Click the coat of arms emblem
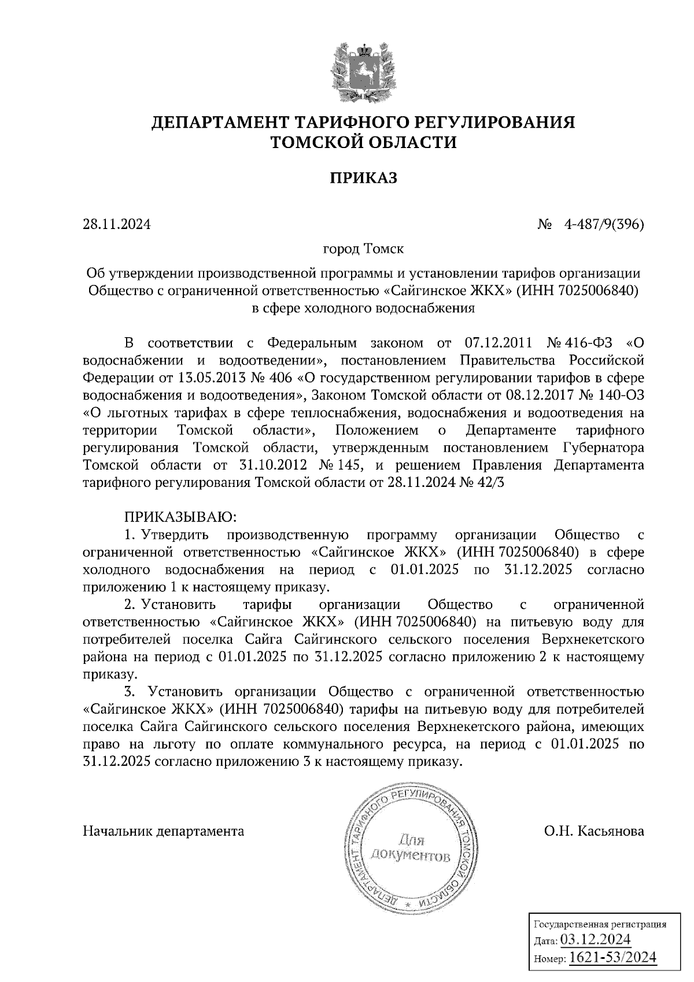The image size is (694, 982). pos(364,70)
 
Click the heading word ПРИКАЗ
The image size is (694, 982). pos(363,178)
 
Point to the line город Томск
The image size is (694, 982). pos(363,249)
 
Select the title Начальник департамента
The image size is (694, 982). pos(164,832)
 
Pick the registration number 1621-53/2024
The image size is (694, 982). pos(613,958)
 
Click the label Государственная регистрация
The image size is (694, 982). pos(599,924)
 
